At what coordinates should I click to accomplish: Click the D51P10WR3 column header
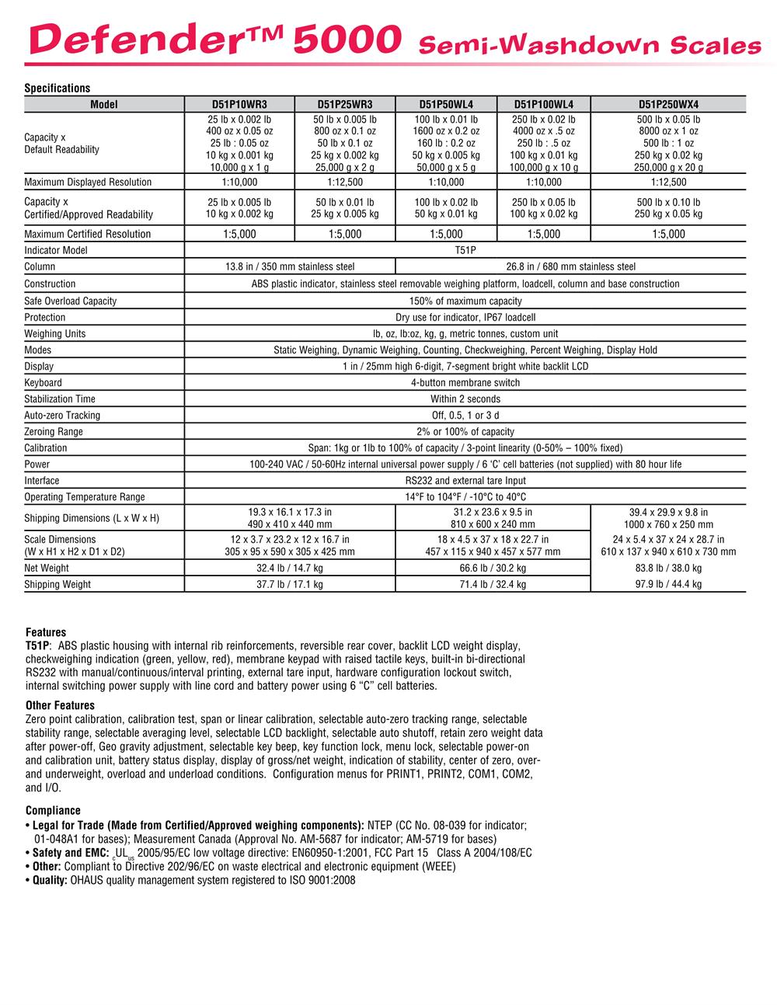[x=239, y=105]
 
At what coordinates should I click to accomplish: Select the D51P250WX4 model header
[x=668, y=105]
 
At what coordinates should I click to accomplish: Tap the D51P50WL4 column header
[x=446, y=105]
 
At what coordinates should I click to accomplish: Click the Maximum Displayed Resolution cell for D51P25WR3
[x=345, y=183]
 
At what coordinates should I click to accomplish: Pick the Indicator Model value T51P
[x=465, y=251]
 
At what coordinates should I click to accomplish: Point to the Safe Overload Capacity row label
[x=71, y=301]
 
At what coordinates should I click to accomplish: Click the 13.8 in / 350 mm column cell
[x=290, y=267]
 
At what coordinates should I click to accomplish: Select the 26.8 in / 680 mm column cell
[x=570, y=267]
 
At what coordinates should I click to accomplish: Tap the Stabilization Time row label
[x=60, y=399]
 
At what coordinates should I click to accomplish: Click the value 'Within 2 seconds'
[x=465, y=399]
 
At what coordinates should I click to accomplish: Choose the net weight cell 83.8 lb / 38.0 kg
[x=668, y=569]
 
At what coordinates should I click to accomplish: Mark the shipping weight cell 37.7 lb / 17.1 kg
[x=290, y=585]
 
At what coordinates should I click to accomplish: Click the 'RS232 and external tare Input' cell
[x=465, y=481]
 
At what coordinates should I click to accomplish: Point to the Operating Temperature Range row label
[x=85, y=497]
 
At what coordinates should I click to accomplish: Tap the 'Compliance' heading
[x=53, y=811]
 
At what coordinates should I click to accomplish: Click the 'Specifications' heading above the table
[x=57, y=89]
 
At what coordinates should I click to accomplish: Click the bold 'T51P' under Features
[x=37, y=645]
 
